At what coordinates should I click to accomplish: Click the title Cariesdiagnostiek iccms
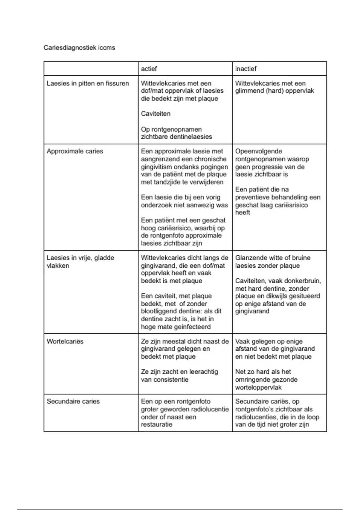tap(79, 48)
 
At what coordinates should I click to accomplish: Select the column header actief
tap(149, 69)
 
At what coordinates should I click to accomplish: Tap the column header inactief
tap(246, 69)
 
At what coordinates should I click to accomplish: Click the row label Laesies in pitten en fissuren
tap(88, 83)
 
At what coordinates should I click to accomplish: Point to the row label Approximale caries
tap(75, 151)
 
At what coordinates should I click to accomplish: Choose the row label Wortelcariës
tap(65, 341)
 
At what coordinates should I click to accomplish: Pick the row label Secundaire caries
tap(73, 401)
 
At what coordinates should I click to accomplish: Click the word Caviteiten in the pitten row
tap(155, 114)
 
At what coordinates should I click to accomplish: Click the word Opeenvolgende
tap(259, 151)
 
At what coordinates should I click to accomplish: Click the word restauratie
tap(157, 424)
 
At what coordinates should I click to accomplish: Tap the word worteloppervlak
tap(258, 387)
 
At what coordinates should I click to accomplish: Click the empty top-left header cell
tap(91, 69)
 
